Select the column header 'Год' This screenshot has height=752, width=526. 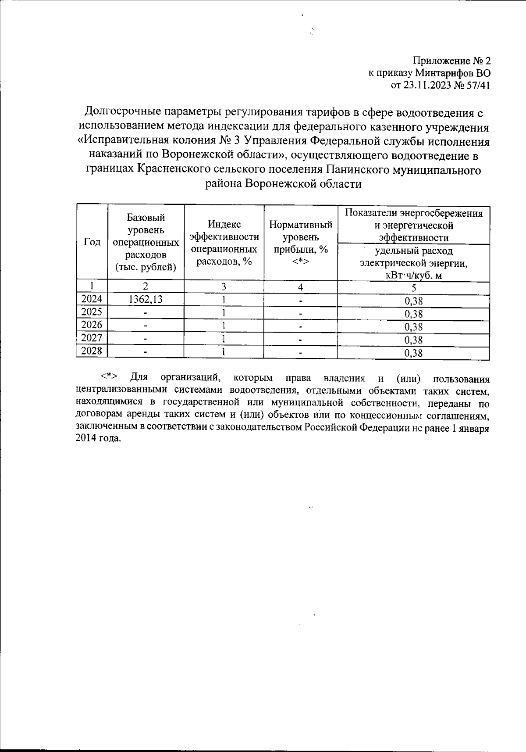[92, 242]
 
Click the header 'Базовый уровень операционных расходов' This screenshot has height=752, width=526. [146, 242]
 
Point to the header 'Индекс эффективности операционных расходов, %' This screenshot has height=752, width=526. [224, 242]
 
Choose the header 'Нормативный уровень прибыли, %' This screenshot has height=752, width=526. [300, 242]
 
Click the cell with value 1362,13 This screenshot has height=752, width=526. [146, 300]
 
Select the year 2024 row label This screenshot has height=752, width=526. [92, 300]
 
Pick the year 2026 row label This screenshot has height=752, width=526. [92, 325]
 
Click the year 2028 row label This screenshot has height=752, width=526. [92, 351]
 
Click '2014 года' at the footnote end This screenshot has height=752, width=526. [97, 439]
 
